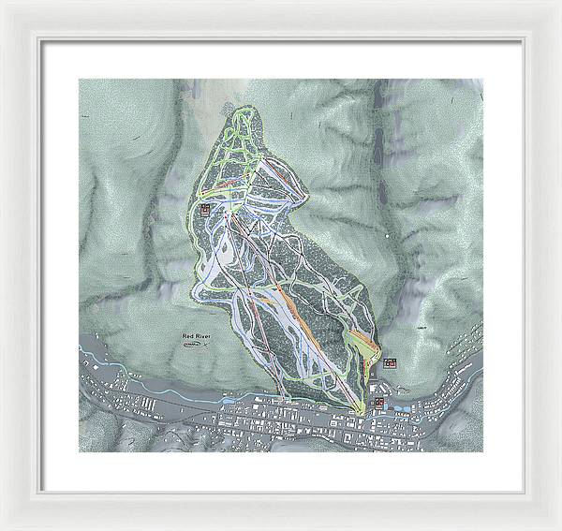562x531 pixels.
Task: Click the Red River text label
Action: pos(197,334)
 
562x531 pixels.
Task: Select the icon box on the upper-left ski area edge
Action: pos(205,210)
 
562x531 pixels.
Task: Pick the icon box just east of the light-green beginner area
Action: pos(390,361)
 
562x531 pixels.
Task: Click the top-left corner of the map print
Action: pos(79,79)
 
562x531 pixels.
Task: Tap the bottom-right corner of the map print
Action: pos(483,451)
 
